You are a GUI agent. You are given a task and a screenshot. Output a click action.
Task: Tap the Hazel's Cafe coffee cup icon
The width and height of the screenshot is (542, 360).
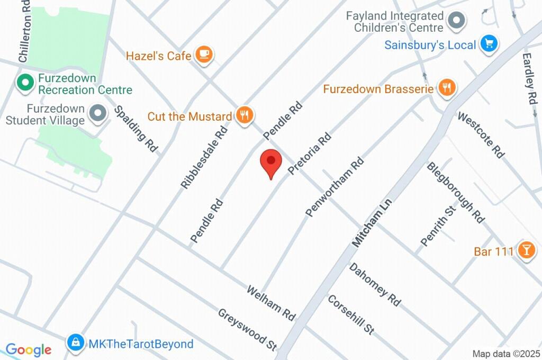pyautogui.click(x=204, y=55)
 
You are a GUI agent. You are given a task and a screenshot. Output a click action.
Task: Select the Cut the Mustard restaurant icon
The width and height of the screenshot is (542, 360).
pyautogui.click(x=245, y=115)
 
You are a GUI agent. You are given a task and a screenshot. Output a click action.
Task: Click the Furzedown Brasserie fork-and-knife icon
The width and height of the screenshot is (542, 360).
pyautogui.click(x=447, y=88)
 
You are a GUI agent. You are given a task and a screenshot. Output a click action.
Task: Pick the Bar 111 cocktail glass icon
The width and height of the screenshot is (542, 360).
pyautogui.click(x=526, y=250)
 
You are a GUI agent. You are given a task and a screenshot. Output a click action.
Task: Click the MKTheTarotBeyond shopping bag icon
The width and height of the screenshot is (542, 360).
pyautogui.click(x=76, y=344)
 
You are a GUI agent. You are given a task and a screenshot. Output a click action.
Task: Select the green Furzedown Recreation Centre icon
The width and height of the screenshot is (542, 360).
pyautogui.click(x=24, y=84)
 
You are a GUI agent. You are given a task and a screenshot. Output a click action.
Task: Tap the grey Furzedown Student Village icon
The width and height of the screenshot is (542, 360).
pyautogui.click(x=97, y=114)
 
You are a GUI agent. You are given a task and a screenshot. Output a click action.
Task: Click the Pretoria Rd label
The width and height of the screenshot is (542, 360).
pyautogui.click(x=310, y=154)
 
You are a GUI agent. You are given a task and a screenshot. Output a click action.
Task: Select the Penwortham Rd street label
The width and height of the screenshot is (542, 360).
pyautogui.click(x=335, y=186)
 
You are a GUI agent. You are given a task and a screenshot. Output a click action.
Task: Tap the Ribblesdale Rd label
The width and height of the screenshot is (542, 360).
pyautogui.click(x=204, y=158)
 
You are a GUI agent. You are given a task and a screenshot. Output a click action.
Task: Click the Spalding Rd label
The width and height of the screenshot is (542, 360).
pyautogui.click(x=137, y=129)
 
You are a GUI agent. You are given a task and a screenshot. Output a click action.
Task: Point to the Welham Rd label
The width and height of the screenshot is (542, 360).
pyautogui.click(x=271, y=302)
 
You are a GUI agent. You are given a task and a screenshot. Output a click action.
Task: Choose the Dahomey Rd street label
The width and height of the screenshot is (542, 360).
pyautogui.click(x=375, y=284)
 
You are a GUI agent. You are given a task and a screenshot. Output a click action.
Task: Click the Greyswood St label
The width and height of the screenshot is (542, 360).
pyautogui.click(x=248, y=329)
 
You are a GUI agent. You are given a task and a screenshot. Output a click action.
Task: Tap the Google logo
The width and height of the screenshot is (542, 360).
pyautogui.click(x=28, y=349)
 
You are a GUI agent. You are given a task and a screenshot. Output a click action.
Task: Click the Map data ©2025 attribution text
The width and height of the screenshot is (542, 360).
pyautogui.click(x=506, y=354)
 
